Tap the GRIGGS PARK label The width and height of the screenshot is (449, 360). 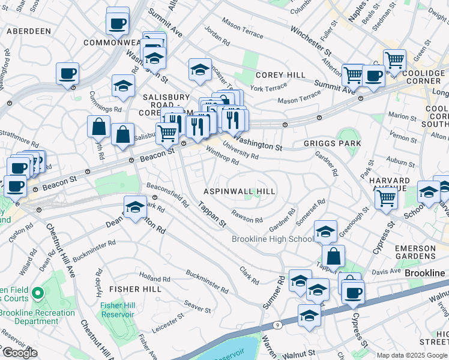click(x=332, y=143)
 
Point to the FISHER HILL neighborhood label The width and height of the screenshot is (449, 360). click(x=134, y=289)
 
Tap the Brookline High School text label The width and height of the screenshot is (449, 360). click(x=273, y=239)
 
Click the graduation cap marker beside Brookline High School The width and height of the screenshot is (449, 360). click(x=325, y=232)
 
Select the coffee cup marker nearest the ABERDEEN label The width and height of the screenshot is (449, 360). click(x=68, y=73)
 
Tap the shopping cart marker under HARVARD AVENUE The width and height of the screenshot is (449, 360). click(x=387, y=197)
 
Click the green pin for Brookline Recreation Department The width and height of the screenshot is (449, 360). click(x=38, y=293)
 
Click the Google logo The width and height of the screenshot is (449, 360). click(x=20, y=353)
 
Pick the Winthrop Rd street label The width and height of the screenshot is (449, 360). click(x=222, y=155)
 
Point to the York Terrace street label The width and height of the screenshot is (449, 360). click(x=268, y=88)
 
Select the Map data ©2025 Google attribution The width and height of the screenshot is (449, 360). click(x=412, y=355)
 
